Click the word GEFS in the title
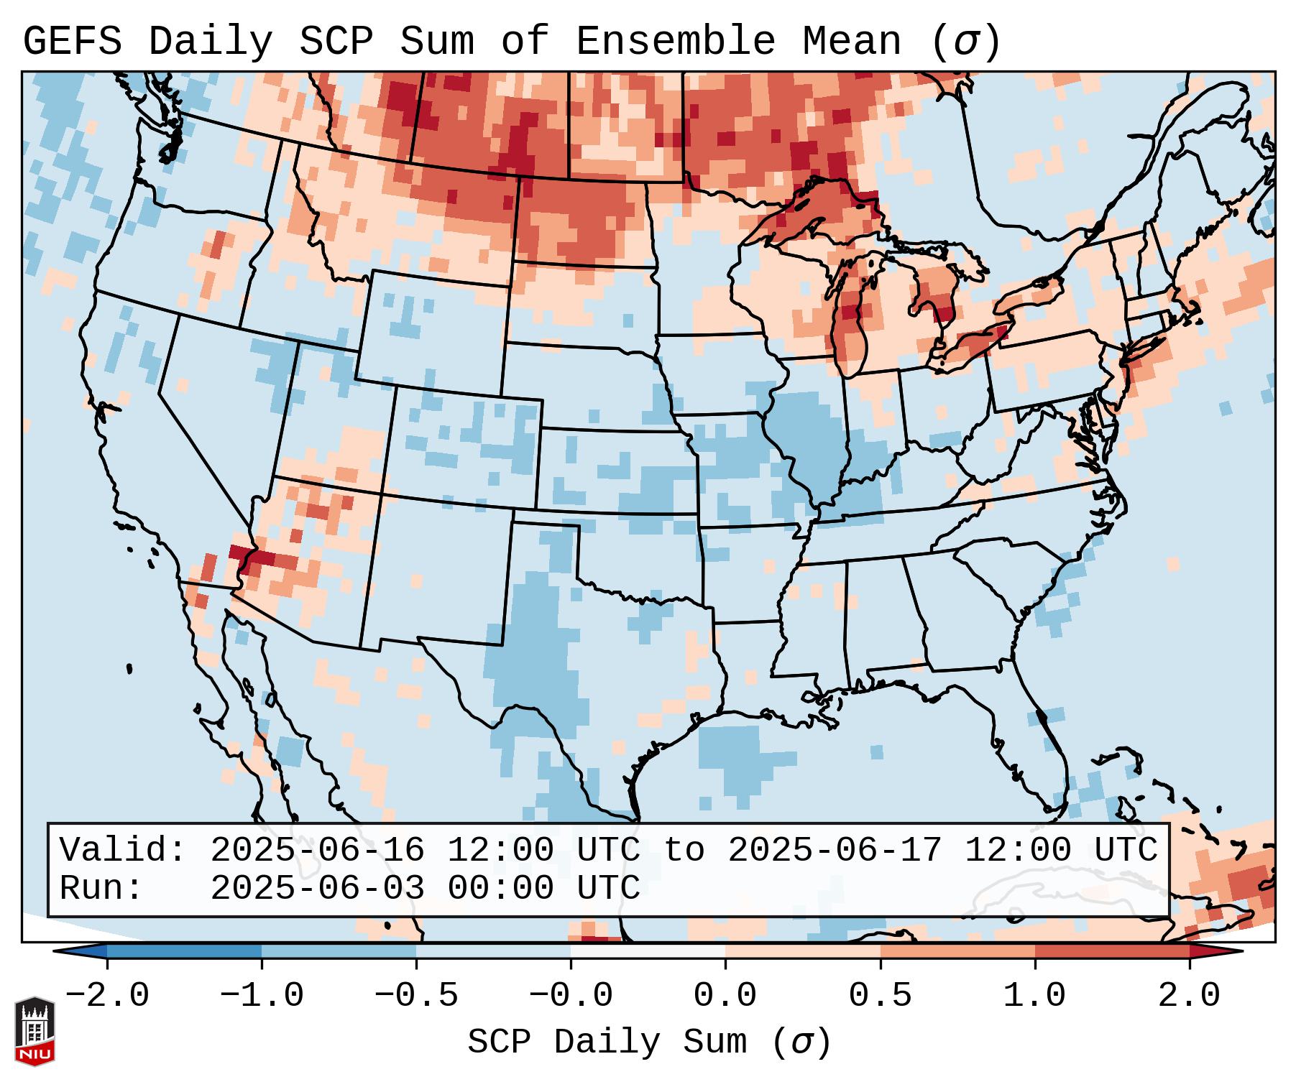click(x=72, y=42)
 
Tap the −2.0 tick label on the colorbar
click(x=107, y=996)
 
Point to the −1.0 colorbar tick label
click(x=262, y=996)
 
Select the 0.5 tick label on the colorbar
click(x=880, y=996)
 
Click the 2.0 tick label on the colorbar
click(x=1189, y=996)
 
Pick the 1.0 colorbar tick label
click(x=1034, y=996)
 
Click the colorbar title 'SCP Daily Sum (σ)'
click(x=649, y=1042)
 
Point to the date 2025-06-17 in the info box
click(x=835, y=851)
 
